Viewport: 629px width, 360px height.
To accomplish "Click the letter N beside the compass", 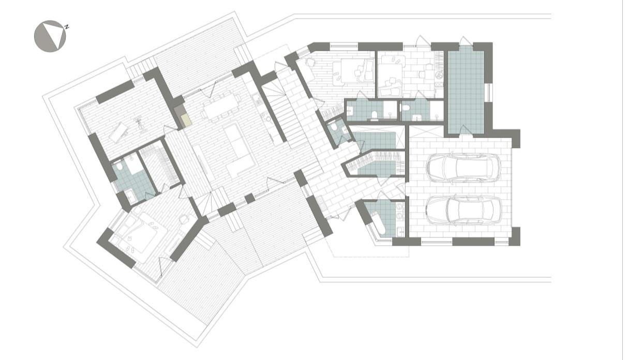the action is [x=67, y=27].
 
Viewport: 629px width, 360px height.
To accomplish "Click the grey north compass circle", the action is [x=50, y=36].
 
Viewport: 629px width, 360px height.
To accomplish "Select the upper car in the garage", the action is [x=463, y=168].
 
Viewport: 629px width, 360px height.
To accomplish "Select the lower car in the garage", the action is [x=463, y=210].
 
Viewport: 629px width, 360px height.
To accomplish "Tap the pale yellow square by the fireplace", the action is [x=186, y=119].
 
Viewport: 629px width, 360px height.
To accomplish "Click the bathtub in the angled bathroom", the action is [x=378, y=223].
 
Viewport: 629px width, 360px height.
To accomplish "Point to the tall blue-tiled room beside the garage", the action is [x=466, y=91].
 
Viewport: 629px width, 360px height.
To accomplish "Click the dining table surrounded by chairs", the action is [x=222, y=106].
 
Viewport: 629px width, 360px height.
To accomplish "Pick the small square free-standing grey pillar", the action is [x=250, y=199].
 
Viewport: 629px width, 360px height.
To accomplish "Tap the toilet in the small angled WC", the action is [x=334, y=127].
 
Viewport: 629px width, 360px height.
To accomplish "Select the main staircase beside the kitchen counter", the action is [x=283, y=115].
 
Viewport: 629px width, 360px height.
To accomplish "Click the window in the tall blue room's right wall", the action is [x=489, y=93].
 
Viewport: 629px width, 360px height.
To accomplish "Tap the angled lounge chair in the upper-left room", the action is [x=119, y=132].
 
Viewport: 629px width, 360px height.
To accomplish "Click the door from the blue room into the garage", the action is [x=466, y=131].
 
